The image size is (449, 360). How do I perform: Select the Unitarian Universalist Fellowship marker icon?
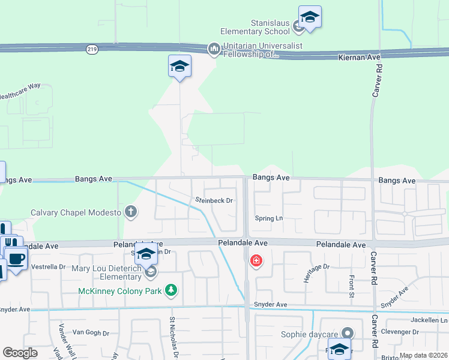pyautogui.click(x=214, y=49)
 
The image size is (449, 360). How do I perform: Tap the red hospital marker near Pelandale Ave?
pyautogui.click(x=256, y=261)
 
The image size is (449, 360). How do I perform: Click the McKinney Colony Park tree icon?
pyautogui.click(x=172, y=290)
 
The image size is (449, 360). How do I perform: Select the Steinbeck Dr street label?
pyautogui.click(x=214, y=200)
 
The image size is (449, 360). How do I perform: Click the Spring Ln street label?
pyautogui.click(x=268, y=218)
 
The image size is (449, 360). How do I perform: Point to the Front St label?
pyautogui.click(x=352, y=286)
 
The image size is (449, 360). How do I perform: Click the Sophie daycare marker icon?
pyautogui.click(x=347, y=333)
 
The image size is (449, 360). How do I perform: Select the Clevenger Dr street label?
pyautogui.click(x=399, y=331)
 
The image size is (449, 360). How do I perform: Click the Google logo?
pyautogui.click(x=20, y=353)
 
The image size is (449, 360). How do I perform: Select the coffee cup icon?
pyautogui.click(x=17, y=259)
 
